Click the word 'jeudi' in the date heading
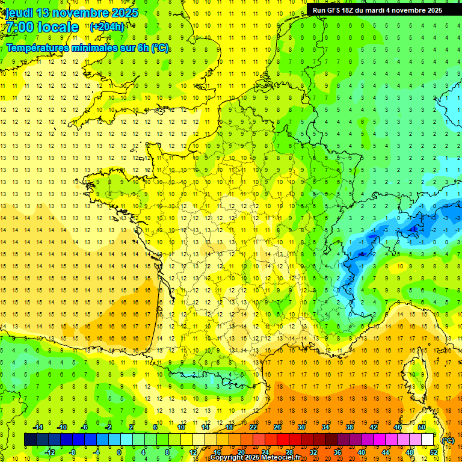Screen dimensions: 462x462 click(x=18, y=13)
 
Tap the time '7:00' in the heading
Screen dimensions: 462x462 click(x=19, y=28)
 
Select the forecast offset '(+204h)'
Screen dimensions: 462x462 click(x=107, y=26)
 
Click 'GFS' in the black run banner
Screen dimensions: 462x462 click(x=336, y=10)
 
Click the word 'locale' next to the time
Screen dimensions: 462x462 click(x=58, y=28)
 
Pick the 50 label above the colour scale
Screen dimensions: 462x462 click(x=422, y=427)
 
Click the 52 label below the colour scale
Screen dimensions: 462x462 click(x=433, y=452)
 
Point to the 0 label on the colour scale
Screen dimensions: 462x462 click(x=119, y=452)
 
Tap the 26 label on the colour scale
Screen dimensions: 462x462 click(x=277, y=427)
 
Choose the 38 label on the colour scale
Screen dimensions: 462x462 click(x=350, y=427)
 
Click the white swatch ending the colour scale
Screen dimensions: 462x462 click(x=428, y=439)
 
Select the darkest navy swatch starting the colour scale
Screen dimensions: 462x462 click(x=30, y=439)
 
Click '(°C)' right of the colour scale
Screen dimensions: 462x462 click(x=448, y=440)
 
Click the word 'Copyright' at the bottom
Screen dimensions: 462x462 click(x=227, y=458)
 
